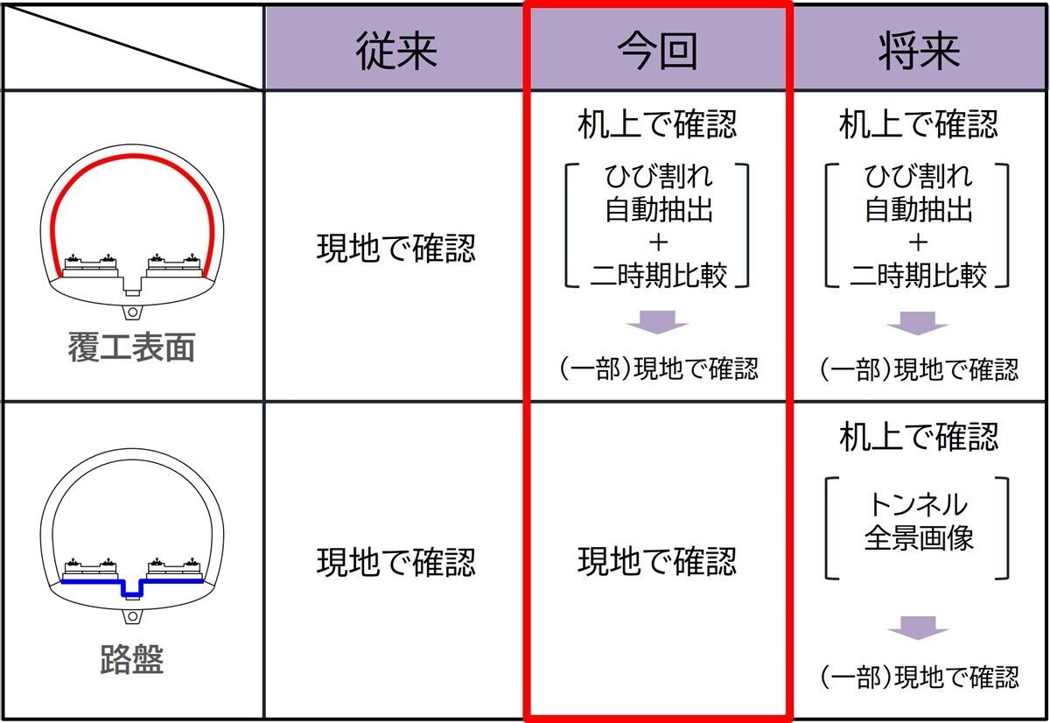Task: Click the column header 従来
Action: [396, 51]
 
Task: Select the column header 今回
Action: [657, 51]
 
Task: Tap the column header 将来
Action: [920, 51]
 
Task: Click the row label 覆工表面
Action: [132, 347]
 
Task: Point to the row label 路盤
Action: [132, 659]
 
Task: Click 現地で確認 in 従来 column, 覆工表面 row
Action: [396, 248]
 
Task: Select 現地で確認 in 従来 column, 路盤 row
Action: [396, 562]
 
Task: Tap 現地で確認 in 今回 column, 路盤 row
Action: [657, 561]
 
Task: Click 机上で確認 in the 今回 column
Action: [657, 124]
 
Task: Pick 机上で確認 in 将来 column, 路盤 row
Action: [919, 437]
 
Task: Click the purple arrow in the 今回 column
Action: [657, 322]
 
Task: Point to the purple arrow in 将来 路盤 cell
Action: [918, 628]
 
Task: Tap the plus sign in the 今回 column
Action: [659, 242]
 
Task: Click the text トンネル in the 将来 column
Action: [918, 504]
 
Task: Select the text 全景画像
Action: [919, 537]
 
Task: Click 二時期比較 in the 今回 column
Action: [659, 275]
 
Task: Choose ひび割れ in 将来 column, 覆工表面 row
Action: [919, 176]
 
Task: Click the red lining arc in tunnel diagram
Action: [132, 156]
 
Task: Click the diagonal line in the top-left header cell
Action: [133, 47]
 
